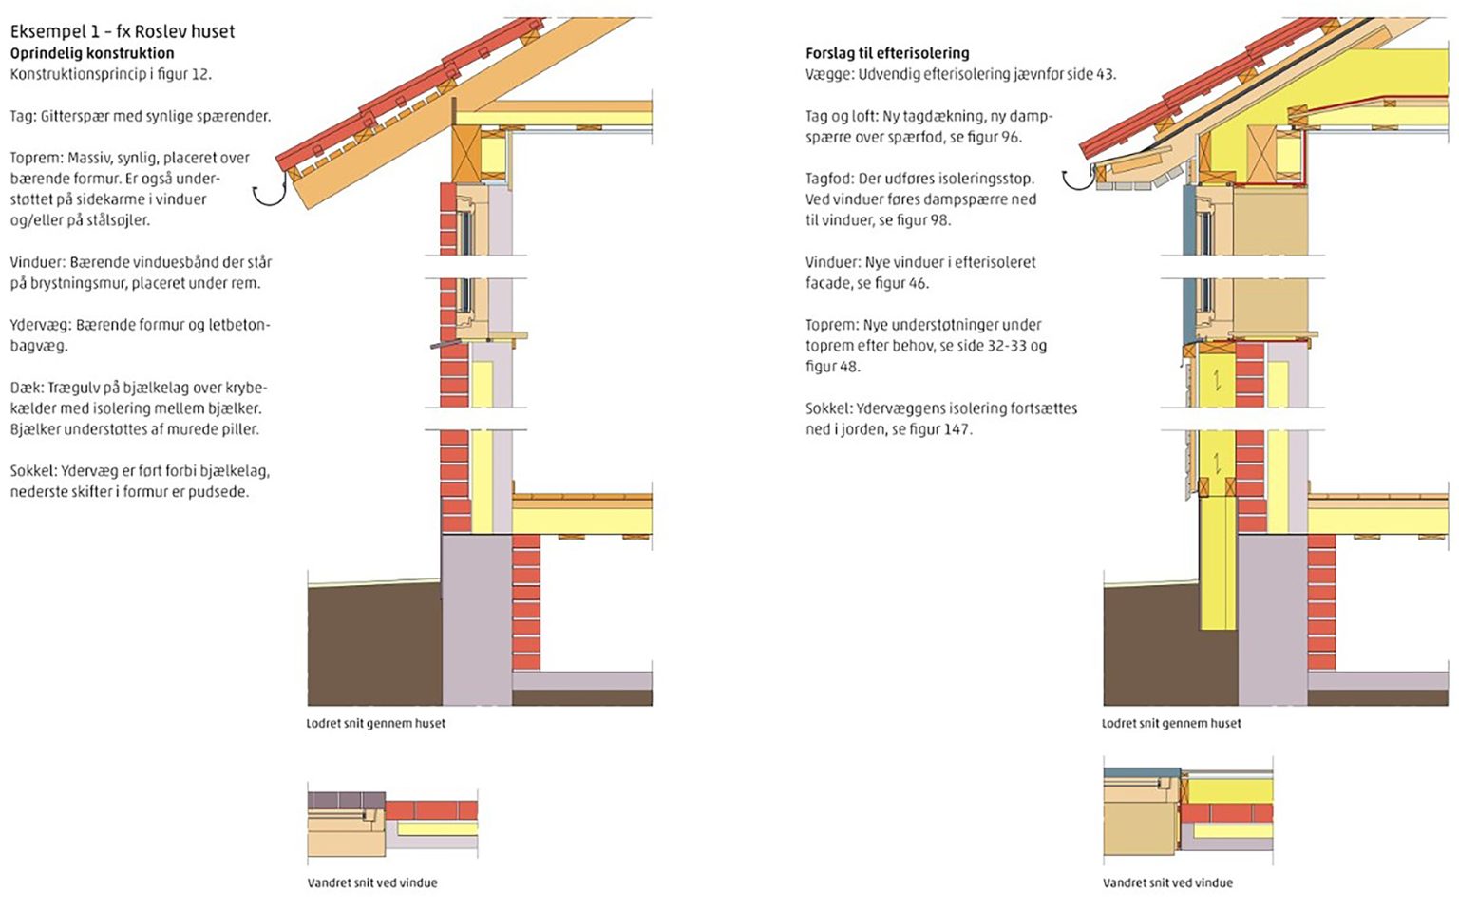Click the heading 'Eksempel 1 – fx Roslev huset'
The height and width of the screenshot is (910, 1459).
(123, 31)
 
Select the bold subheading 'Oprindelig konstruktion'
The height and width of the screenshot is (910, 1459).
(92, 53)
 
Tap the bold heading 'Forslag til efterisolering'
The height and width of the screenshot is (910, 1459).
(887, 53)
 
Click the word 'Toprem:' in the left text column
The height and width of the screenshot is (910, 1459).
(36, 158)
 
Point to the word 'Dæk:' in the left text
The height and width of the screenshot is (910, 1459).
(27, 388)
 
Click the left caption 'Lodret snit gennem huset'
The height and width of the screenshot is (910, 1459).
(375, 723)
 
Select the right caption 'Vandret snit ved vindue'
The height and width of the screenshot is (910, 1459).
(1167, 882)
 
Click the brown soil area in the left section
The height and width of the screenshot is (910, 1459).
(370, 646)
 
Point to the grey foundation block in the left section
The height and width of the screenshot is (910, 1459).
(477, 617)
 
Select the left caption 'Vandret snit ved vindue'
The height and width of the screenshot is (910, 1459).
(372, 882)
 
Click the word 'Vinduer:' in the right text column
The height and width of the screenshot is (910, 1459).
(832, 262)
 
